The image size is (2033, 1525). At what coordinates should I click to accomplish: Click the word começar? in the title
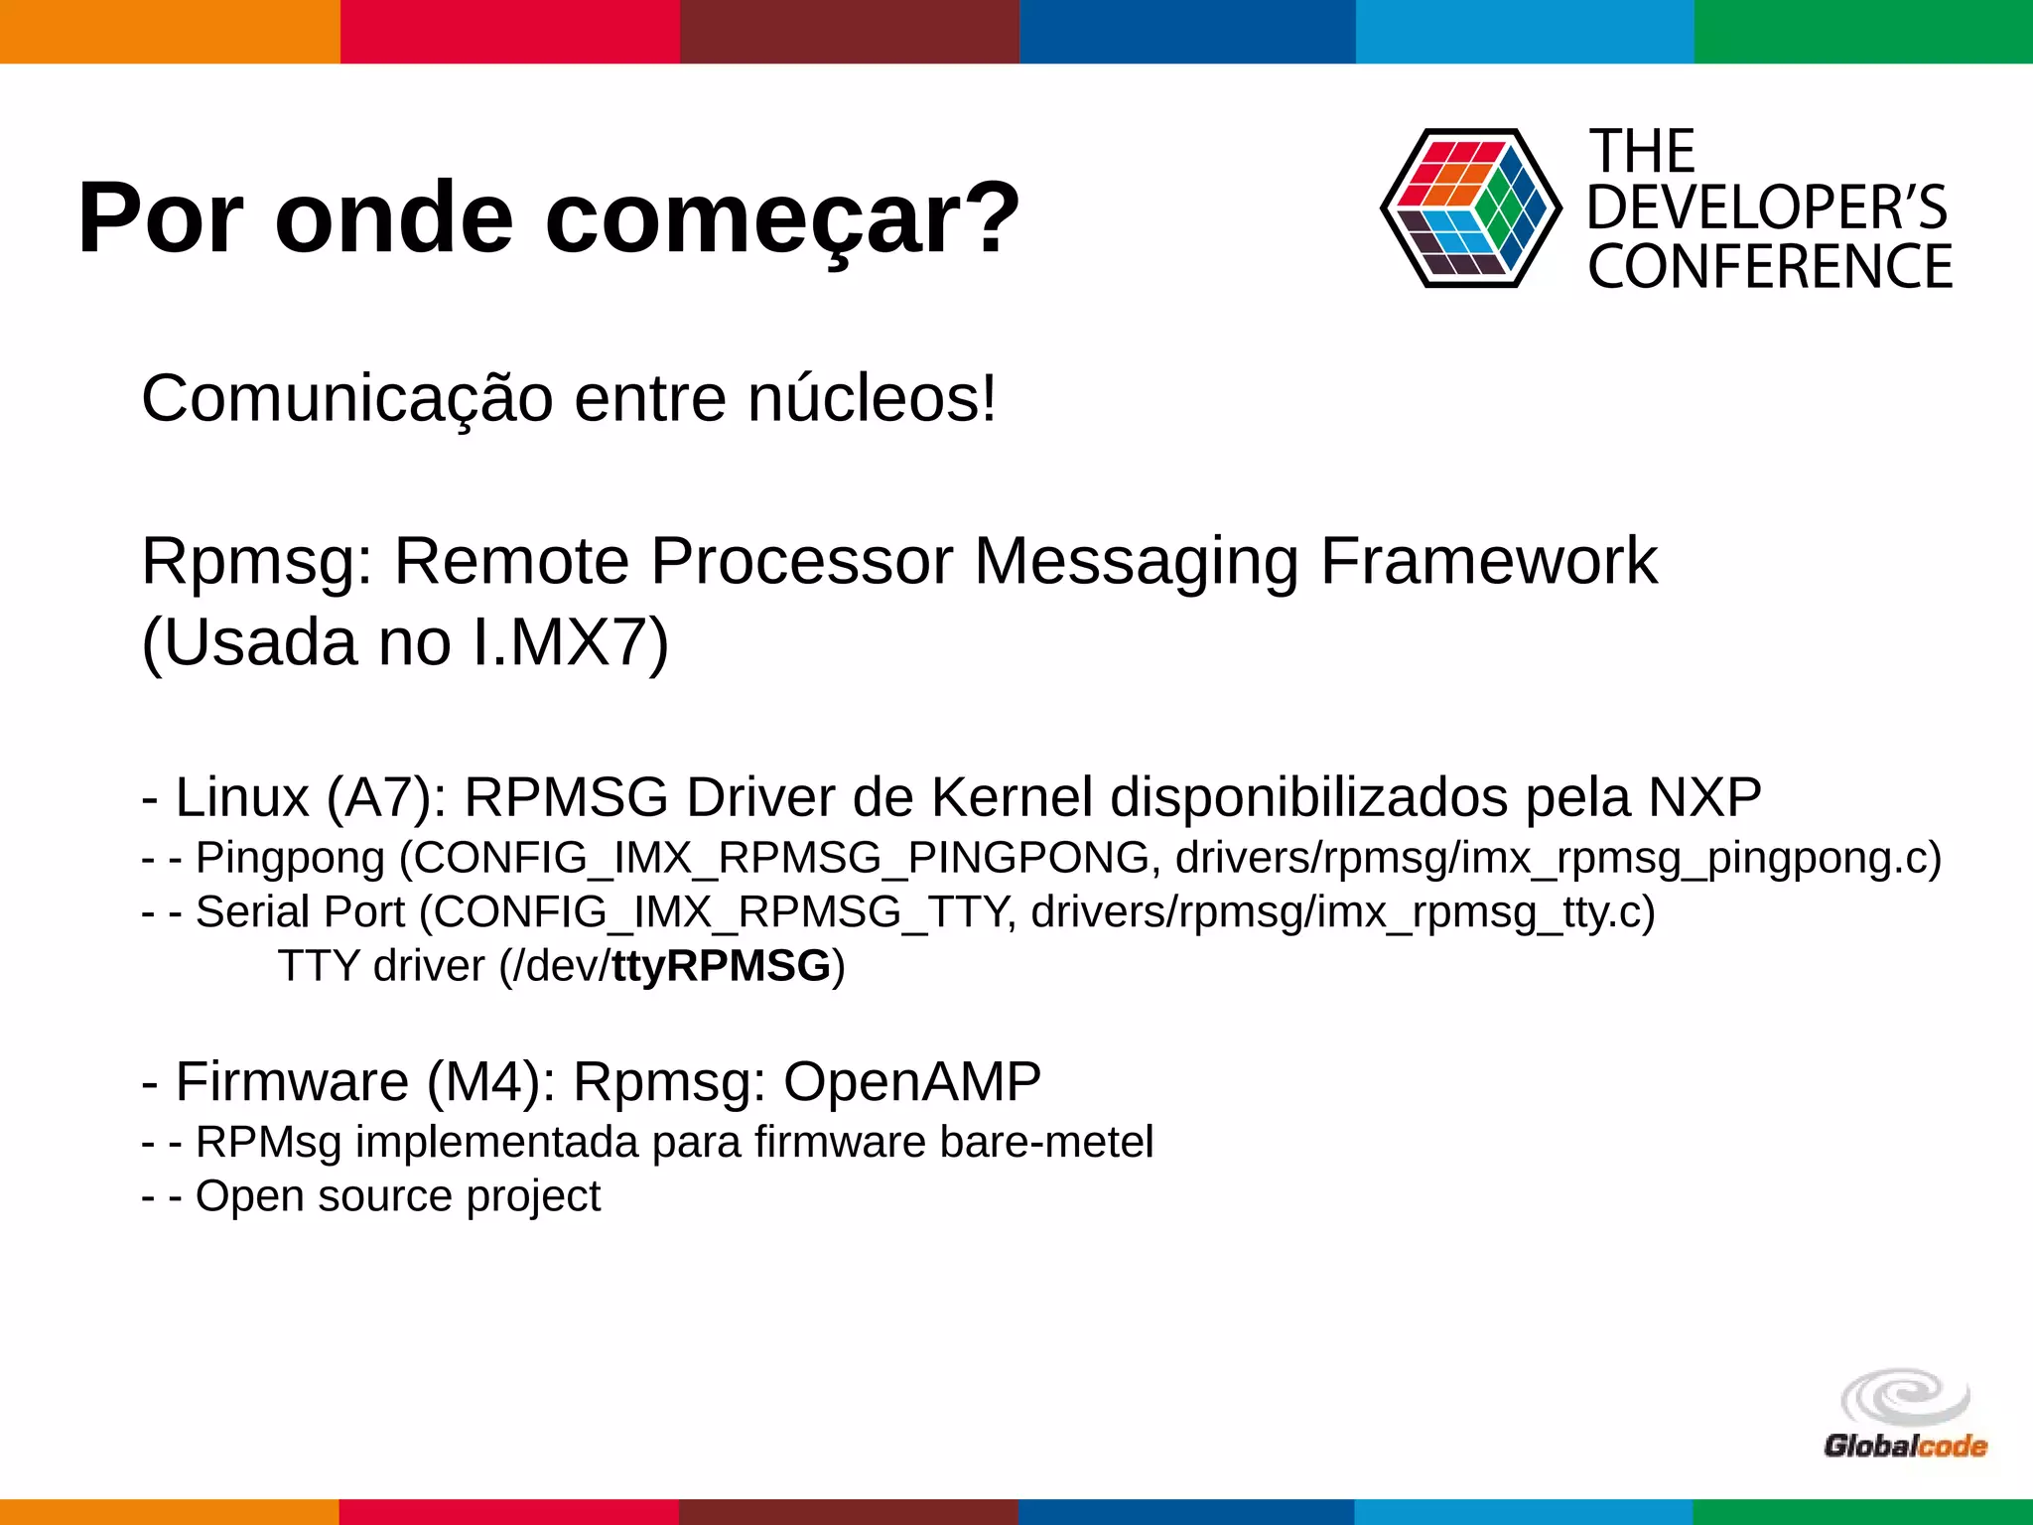(782, 219)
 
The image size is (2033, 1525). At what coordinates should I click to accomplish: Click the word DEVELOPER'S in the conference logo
(1767, 208)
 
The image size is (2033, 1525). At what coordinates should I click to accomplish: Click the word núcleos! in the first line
(872, 399)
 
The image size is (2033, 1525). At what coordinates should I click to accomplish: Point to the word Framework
(1488, 562)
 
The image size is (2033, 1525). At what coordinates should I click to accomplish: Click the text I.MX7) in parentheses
(571, 643)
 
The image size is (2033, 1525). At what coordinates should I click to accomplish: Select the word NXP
(1704, 797)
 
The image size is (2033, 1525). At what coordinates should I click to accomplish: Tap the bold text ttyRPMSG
(721, 966)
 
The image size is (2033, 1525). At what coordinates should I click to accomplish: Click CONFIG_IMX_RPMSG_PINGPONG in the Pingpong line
(781, 858)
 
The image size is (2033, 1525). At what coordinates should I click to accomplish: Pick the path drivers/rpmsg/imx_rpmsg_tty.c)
(1342, 912)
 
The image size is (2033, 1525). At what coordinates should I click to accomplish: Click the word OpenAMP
(912, 1081)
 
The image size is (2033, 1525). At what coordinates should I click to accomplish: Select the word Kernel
(1012, 797)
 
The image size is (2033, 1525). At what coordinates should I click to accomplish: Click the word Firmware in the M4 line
(292, 1081)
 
